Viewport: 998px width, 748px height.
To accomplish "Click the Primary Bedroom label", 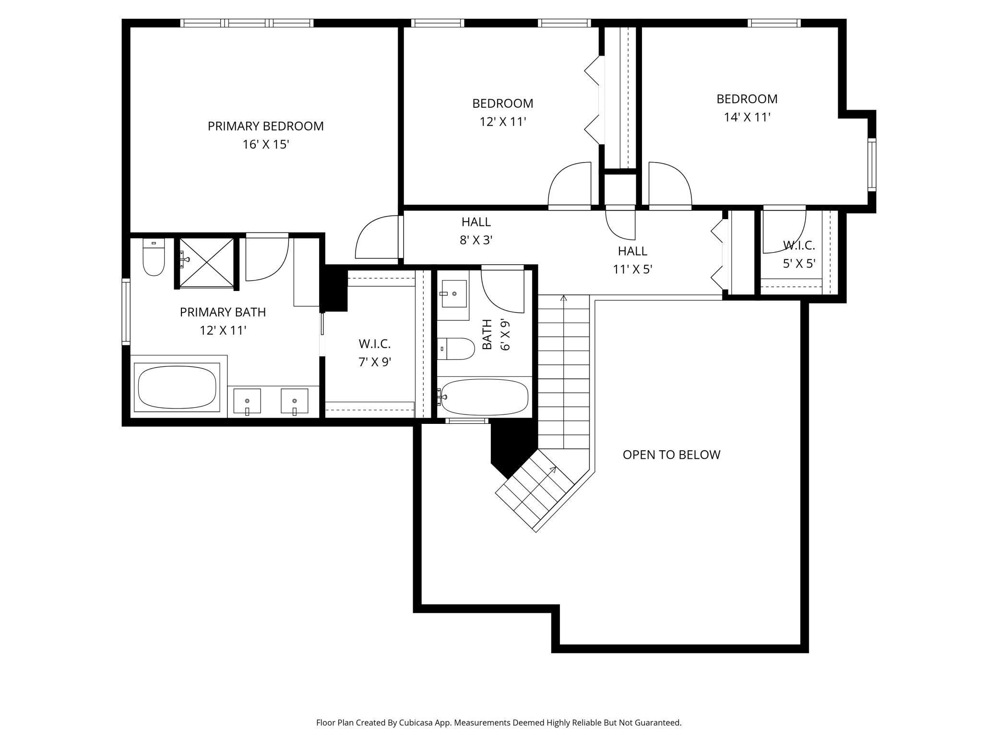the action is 265,126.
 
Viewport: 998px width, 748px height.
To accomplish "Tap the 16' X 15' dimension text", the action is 265,144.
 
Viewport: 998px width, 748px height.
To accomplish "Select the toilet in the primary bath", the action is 154,257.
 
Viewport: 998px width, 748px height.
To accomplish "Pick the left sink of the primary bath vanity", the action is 247,401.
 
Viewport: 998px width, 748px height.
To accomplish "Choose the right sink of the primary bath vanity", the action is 295,401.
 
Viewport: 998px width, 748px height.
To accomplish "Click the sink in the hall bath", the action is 453,293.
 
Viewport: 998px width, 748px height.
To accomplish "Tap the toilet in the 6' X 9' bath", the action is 456,349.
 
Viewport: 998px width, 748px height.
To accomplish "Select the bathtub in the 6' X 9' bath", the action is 485,397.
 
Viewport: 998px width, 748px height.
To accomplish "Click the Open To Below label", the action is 671,455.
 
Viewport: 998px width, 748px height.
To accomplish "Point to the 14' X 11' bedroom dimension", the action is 747,117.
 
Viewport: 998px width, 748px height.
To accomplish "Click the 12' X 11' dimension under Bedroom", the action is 503,122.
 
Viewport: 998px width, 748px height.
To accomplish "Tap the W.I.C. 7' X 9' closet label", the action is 375,352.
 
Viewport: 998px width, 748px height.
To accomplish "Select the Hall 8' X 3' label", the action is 476,231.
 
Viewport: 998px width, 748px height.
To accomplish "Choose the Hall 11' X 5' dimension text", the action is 632,269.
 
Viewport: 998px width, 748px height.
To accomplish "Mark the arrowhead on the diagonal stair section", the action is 554,469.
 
